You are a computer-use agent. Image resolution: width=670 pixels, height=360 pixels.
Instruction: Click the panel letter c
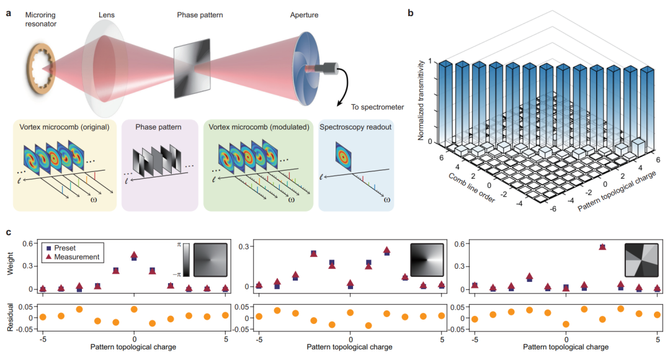[9, 233]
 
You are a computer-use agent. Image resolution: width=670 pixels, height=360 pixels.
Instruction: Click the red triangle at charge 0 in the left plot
[134, 254]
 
